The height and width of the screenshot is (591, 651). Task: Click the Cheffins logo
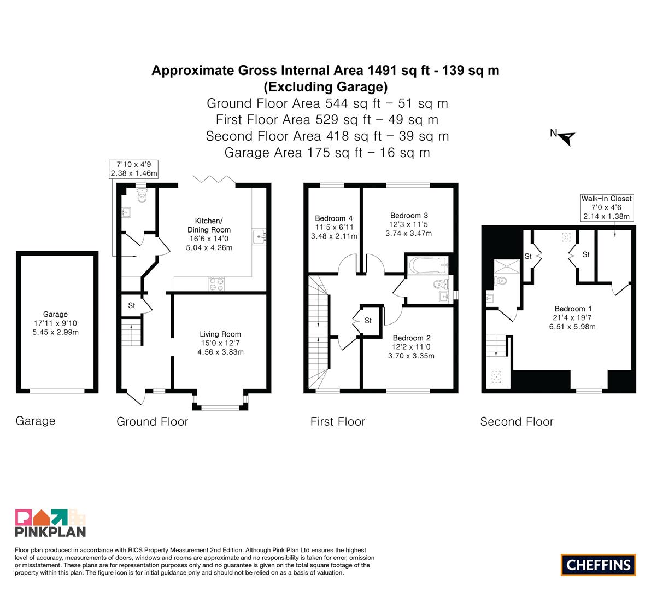click(598, 565)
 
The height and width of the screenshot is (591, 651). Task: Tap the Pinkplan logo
click(50, 523)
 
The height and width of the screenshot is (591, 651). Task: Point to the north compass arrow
click(566, 137)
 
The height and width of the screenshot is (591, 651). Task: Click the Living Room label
click(220, 334)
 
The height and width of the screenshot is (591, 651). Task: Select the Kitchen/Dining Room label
click(209, 225)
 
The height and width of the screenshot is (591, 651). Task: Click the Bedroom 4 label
click(334, 218)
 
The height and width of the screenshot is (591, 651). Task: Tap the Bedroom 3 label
click(409, 215)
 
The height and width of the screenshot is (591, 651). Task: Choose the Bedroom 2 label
click(412, 338)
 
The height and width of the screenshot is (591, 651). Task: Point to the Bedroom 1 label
click(573, 309)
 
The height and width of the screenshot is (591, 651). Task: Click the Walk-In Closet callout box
click(607, 207)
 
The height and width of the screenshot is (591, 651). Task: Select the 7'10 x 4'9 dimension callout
click(134, 169)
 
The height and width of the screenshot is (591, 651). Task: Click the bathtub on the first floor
click(428, 265)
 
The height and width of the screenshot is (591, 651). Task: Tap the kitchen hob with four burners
click(216, 283)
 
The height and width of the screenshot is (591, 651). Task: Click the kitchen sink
click(260, 236)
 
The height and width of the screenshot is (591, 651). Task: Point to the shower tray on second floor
click(507, 266)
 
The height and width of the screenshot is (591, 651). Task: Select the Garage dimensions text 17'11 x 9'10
click(55, 323)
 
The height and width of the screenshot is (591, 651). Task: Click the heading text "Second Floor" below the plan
click(517, 421)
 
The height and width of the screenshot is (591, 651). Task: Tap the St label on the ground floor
click(132, 305)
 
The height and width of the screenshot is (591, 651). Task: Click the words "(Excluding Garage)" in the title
click(326, 87)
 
